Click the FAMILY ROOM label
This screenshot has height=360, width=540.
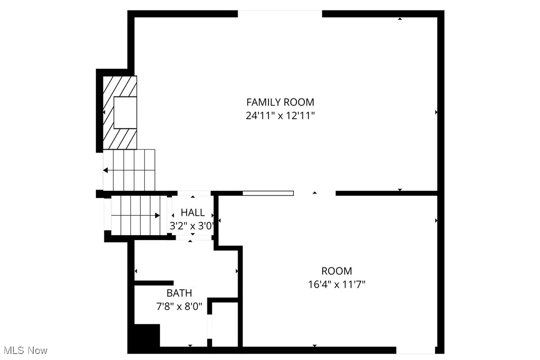click(280, 102)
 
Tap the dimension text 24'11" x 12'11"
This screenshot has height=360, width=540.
click(280, 116)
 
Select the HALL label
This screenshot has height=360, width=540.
click(192, 213)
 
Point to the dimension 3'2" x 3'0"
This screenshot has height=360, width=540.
click(192, 226)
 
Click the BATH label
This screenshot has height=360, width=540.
click(179, 293)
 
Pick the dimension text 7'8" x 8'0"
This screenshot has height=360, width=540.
click(179, 306)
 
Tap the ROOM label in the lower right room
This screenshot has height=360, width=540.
click(337, 271)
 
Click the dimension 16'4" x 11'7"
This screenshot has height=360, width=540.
click(337, 284)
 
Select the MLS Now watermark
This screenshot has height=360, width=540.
click(24, 351)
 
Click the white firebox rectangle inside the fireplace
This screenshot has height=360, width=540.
click(125, 113)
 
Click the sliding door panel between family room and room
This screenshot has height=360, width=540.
click(268, 193)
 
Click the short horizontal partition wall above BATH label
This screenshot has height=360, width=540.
click(154, 283)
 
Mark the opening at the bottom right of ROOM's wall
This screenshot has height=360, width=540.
click(416, 350)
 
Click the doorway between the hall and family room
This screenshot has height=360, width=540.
click(194, 193)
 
